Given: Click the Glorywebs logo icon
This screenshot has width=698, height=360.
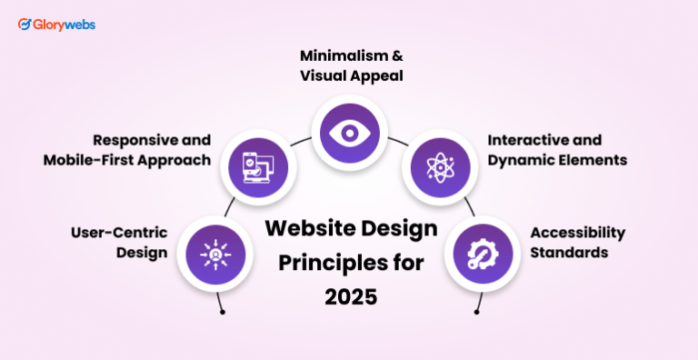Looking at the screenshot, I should (x=25, y=25).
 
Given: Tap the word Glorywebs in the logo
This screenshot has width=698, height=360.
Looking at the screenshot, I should (x=64, y=25).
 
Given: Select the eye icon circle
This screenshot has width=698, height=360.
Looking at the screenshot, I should (x=349, y=134).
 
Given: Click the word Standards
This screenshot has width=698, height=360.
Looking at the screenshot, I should (x=570, y=252).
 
